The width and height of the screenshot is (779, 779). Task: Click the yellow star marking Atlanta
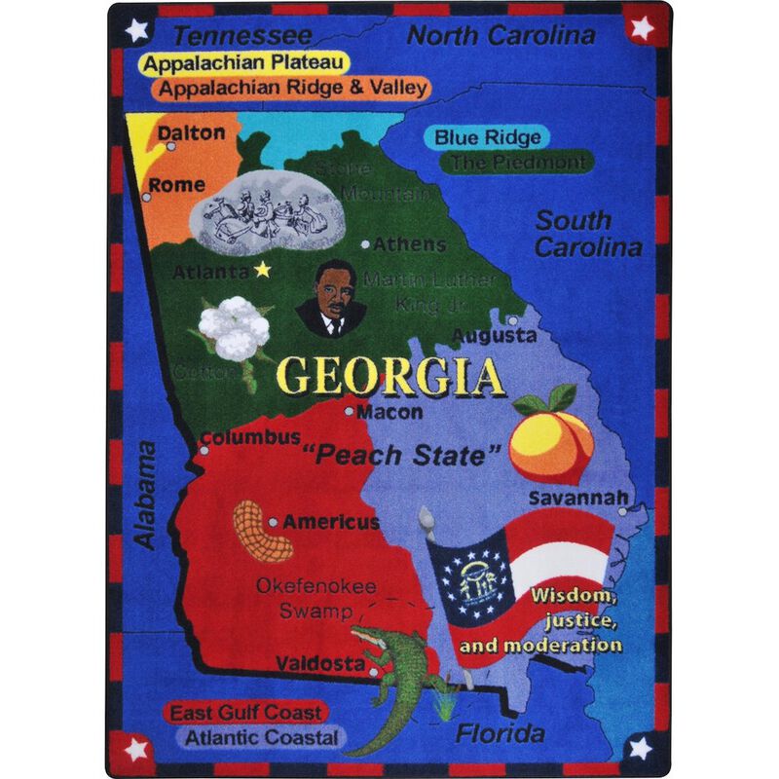coord(261,270)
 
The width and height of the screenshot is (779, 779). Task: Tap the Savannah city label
coord(577,498)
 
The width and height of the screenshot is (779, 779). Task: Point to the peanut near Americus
coord(256,532)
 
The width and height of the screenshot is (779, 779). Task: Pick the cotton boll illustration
coord(233,328)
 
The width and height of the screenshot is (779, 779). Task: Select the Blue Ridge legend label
coord(487,137)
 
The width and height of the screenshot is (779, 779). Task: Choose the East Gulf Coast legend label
coord(245,713)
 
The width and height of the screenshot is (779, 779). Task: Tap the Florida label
coord(501,732)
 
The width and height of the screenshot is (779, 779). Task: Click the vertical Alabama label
coord(145,495)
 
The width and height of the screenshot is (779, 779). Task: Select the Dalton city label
coord(191,132)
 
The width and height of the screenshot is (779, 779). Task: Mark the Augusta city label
coord(497,335)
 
